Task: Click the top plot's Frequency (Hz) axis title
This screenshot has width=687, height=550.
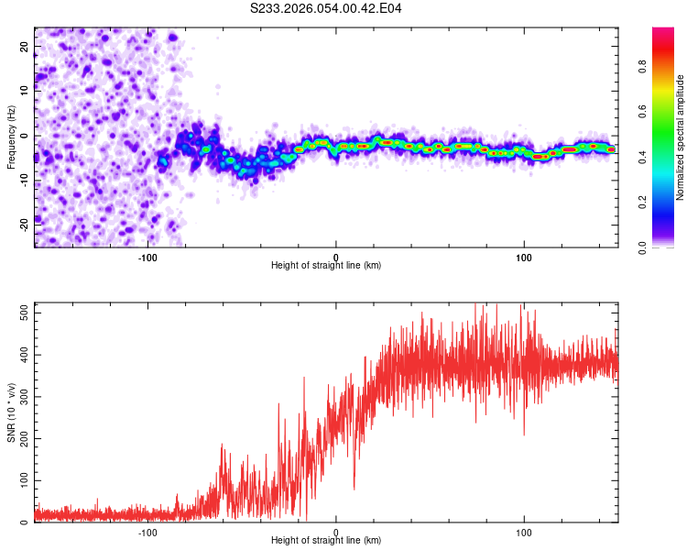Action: [x=10, y=137]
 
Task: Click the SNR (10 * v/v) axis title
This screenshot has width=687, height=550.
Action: [x=10, y=412]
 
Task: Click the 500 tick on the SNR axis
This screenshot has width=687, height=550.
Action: [x=21, y=312]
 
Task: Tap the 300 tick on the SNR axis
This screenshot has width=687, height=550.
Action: [x=21, y=396]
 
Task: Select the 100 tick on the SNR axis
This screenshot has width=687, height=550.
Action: [x=21, y=480]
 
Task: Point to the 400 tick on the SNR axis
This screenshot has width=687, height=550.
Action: [x=21, y=354]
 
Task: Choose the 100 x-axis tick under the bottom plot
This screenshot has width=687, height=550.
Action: [x=524, y=531]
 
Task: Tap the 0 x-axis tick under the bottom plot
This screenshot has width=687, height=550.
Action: [x=336, y=531]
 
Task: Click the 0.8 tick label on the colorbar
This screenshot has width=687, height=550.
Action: [x=667, y=66]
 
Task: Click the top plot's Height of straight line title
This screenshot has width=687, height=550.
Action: [x=326, y=266]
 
